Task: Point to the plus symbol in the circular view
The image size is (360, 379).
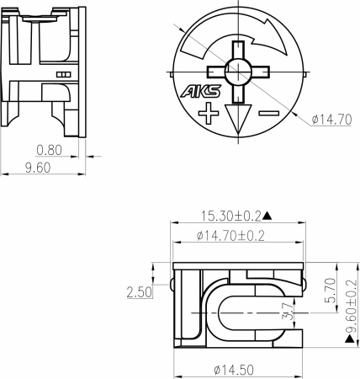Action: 208,113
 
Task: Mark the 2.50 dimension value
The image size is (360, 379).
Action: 139,292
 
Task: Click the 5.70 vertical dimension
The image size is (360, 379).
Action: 330,291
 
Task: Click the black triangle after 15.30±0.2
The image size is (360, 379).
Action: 277,216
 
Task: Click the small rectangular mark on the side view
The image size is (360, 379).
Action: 62,75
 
